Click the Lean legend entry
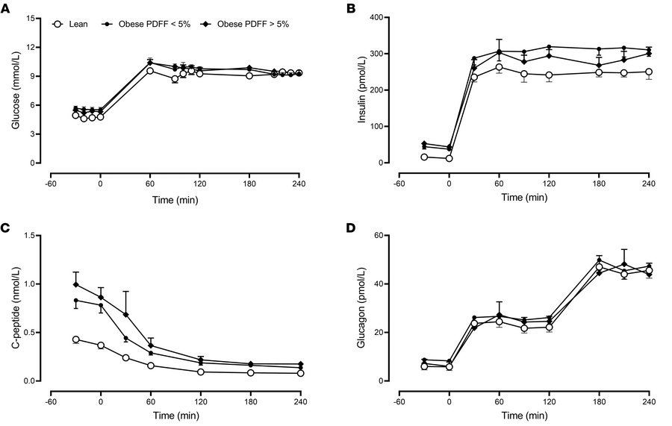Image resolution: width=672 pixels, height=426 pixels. click(74, 24)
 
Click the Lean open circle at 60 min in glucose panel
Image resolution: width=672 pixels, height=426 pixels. click(150, 70)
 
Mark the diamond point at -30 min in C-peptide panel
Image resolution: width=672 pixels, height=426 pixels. click(75, 284)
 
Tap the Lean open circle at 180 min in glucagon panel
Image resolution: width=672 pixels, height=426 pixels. click(599, 267)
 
